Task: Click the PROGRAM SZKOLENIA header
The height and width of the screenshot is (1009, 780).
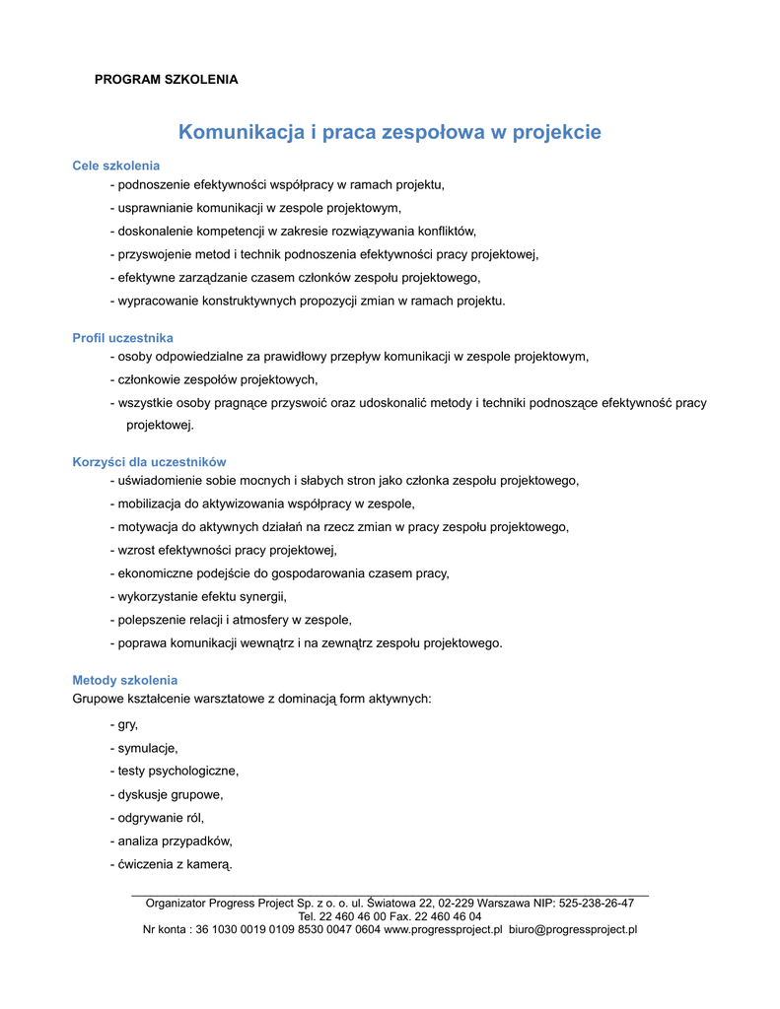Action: pyautogui.click(x=166, y=79)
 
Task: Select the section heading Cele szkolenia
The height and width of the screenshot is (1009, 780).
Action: pyautogui.click(x=116, y=166)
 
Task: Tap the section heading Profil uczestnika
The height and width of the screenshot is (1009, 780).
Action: pyautogui.click(x=123, y=338)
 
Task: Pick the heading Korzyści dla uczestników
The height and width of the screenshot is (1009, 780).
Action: pyautogui.click(x=150, y=462)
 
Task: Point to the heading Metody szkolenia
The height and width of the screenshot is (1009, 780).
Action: pyautogui.click(x=125, y=681)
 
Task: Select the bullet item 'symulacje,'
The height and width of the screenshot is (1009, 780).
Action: pyautogui.click(x=147, y=748)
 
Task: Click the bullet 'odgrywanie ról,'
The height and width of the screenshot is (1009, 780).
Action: pyautogui.click(x=160, y=818)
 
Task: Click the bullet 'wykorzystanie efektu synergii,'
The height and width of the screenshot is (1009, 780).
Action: pyautogui.click(x=201, y=596)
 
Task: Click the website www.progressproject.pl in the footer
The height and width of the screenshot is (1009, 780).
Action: pyautogui.click(x=443, y=929)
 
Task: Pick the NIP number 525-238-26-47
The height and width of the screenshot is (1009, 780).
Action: pyautogui.click(x=597, y=903)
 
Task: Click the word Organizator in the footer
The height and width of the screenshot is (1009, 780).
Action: pyautogui.click(x=177, y=903)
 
